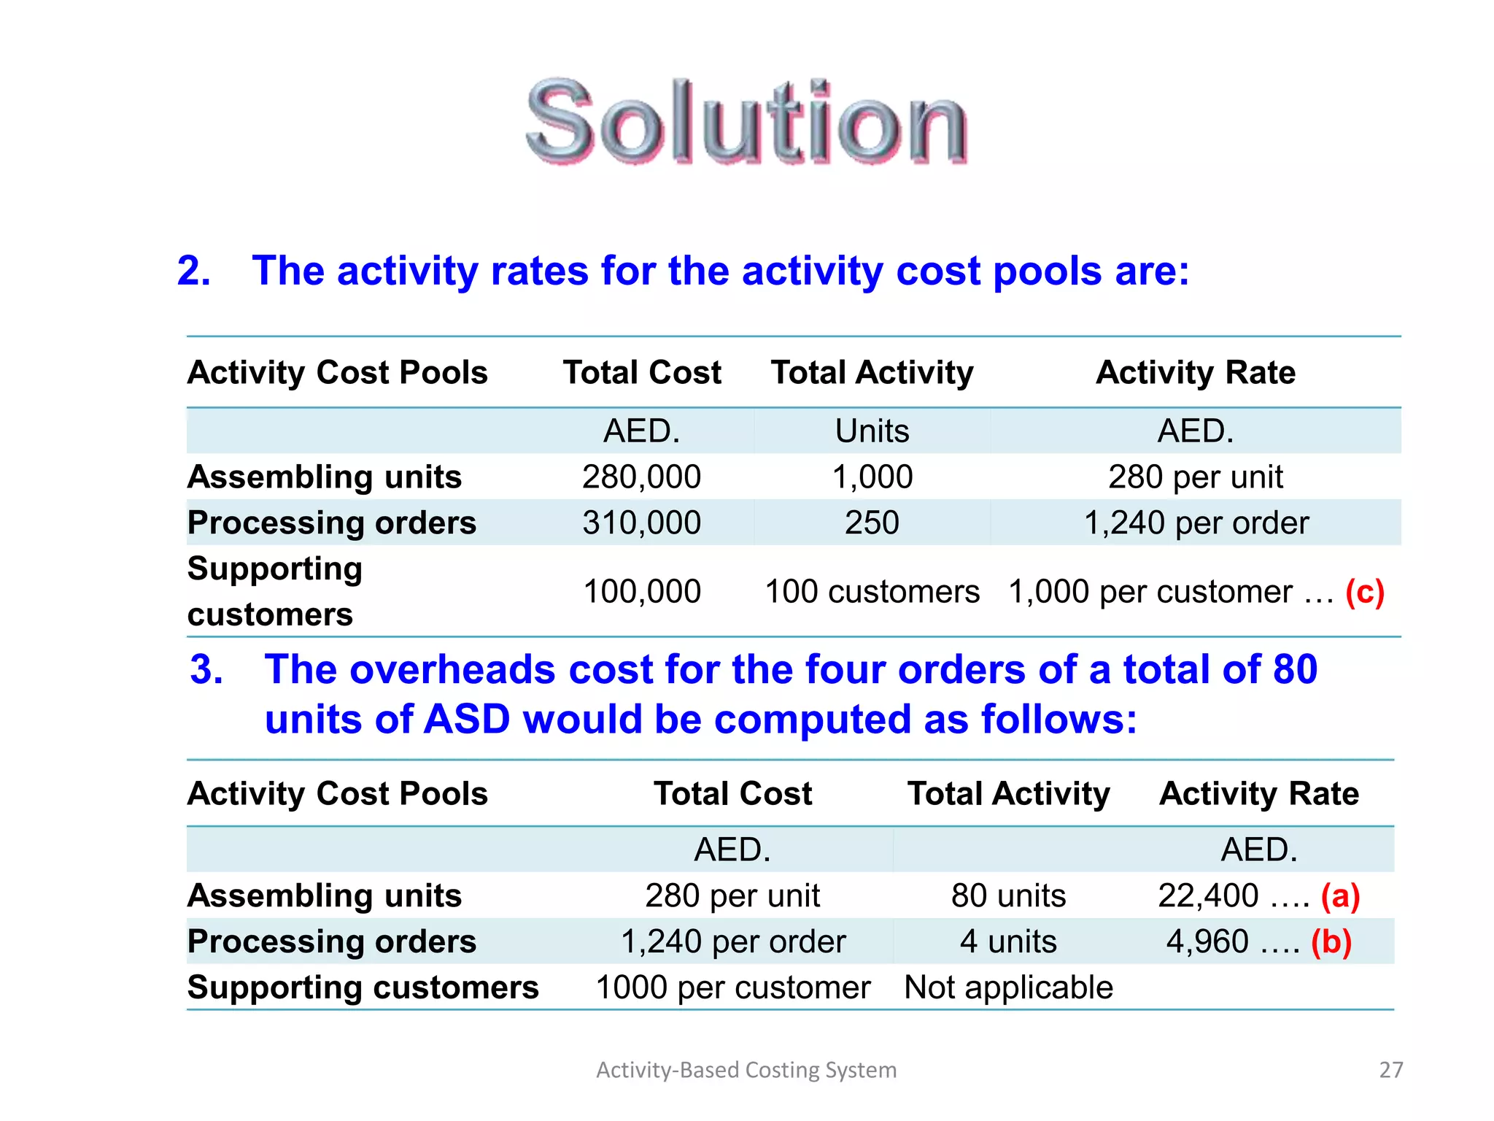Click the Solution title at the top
click(746, 123)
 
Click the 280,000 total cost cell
click(641, 477)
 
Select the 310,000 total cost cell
click(641, 523)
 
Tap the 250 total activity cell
click(872, 523)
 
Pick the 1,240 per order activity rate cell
click(1196, 523)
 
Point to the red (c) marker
click(1364, 592)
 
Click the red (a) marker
click(1340, 896)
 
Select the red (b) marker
click(1331, 942)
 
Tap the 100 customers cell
click(872, 592)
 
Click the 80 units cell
click(1008, 896)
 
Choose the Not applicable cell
click(1008, 988)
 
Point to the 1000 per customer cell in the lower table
click(732, 988)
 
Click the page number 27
click(1390, 1070)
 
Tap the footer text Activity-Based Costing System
click(746, 1070)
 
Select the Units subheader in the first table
click(872, 431)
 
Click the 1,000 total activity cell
click(872, 477)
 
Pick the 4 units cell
click(1008, 942)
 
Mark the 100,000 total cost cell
click(641, 592)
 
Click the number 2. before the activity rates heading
click(193, 271)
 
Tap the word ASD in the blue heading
click(467, 720)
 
